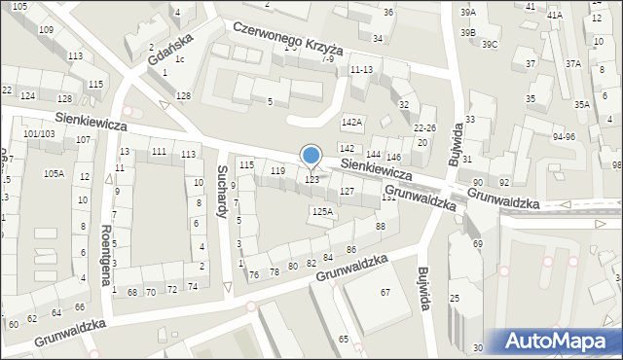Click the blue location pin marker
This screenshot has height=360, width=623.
(x=311, y=157)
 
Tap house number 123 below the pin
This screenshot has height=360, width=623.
(x=312, y=180)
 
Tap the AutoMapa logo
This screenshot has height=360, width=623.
(x=556, y=341)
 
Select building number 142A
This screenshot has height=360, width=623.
(x=351, y=123)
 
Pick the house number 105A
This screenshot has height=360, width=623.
(x=54, y=173)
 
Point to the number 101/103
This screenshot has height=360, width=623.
(x=39, y=133)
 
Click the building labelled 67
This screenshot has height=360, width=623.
(x=385, y=293)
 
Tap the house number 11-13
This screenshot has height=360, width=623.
(x=361, y=70)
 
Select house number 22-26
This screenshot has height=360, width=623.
(x=424, y=128)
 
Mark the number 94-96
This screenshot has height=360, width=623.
(x=564, y=137)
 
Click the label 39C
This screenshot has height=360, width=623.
(x=489, y=45)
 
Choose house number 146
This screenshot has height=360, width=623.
(x=393, y=157)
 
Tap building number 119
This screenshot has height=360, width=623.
(x=277, y=171)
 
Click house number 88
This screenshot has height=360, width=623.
(x=380, y=227)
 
